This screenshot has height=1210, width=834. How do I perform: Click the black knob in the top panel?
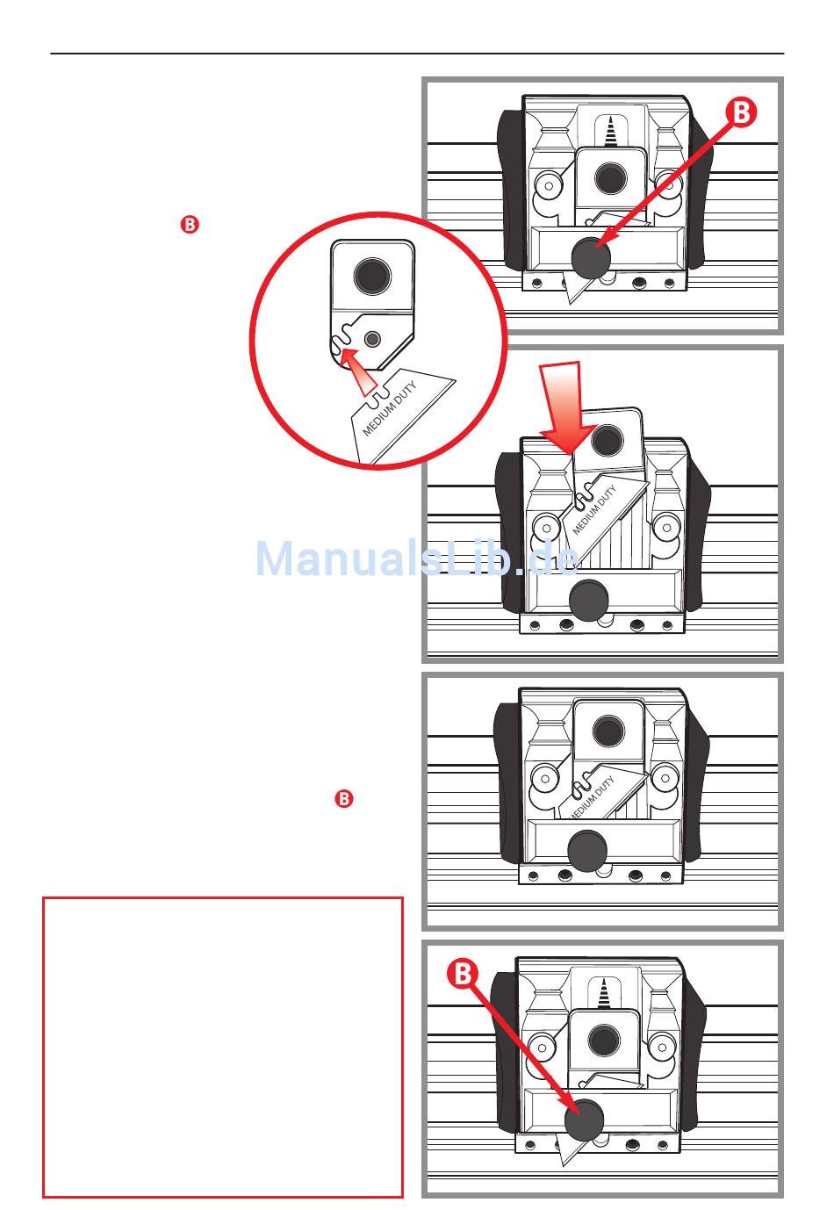(590, 256)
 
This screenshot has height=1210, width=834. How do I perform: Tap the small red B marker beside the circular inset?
(190, 225)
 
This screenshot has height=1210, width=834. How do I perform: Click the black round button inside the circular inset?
(372, 275)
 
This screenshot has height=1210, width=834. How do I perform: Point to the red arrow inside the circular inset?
(356, 368)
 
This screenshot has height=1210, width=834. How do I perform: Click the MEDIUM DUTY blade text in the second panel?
(594, 509)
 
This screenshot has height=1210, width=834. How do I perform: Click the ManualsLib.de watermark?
(418, 558)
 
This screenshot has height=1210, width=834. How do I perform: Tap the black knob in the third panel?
(587, 849)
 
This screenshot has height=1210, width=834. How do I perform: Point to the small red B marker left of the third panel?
(344, 799)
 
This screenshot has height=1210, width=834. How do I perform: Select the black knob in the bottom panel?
(584, 1120)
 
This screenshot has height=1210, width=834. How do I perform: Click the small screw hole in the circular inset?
(374, 338)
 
